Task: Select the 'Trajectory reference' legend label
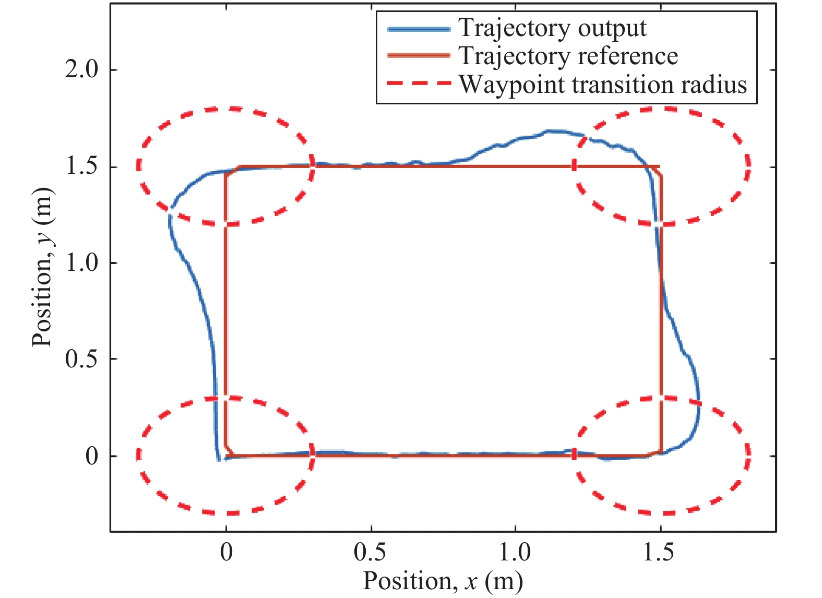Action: click(568, 56)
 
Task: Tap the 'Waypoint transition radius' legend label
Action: click(603, 85)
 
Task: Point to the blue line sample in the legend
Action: click(419, 29)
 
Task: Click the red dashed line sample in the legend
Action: click(419, 83)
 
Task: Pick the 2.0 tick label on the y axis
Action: click(81, 69)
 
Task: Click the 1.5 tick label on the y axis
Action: click(81, 166)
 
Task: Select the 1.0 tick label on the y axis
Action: click(81, 262)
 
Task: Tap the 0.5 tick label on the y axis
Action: click(81, 358)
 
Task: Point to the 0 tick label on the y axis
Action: click(92, 456)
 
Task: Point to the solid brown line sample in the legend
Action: click(419, 56)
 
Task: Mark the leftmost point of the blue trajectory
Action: click(170, 220)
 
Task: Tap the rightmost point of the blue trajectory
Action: click(699, 400)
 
